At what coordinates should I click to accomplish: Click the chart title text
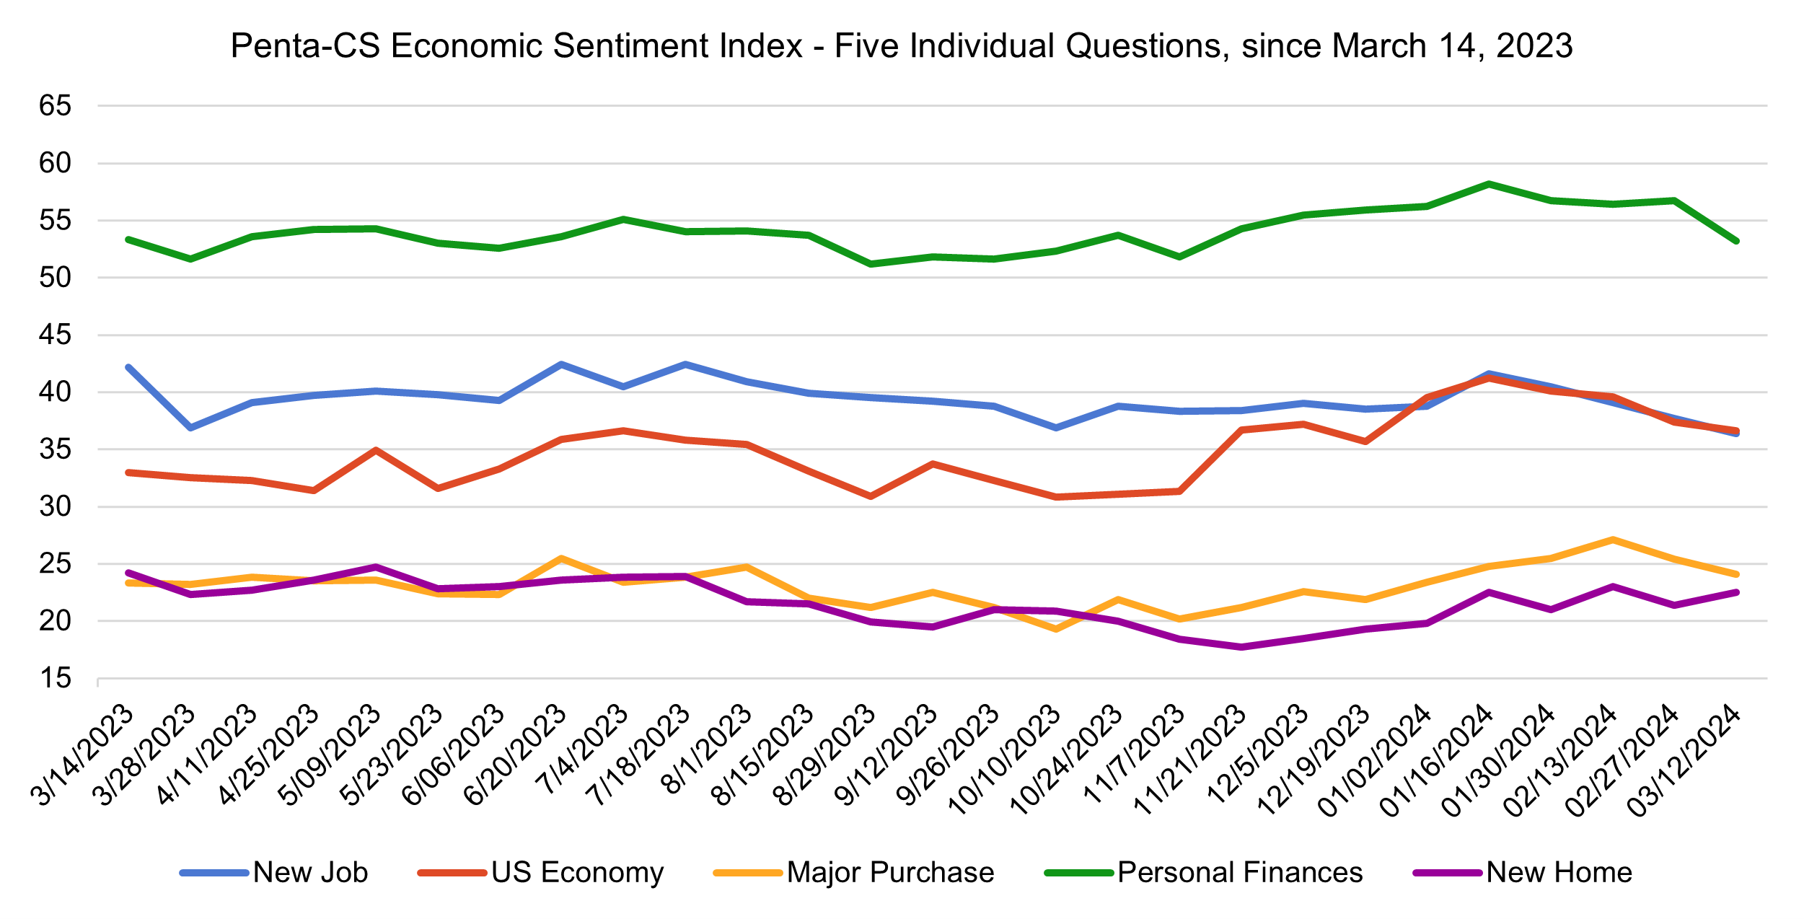point(902,46)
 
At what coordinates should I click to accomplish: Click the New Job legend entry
point(274,873)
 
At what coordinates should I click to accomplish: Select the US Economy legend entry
point(541,873)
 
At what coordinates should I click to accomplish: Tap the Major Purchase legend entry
point(854,873)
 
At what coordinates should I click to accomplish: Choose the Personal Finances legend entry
point(1204,873)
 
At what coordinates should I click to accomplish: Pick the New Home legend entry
point(1523,873)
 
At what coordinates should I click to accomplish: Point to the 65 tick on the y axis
point(56,106)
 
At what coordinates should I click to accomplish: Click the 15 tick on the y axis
point(56,678)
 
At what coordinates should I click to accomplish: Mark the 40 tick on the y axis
point(56,392)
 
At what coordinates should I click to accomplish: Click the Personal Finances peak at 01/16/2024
point(1489,184)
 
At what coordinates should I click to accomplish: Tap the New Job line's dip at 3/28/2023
point(190,428)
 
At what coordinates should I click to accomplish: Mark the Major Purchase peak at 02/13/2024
point(1613,540)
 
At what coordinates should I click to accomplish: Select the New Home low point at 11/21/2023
point(1241,647)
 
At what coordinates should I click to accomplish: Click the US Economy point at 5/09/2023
point(376,450)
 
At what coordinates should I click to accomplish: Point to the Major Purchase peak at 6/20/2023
point(561,558)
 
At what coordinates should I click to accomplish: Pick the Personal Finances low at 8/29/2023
point(871,264)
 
